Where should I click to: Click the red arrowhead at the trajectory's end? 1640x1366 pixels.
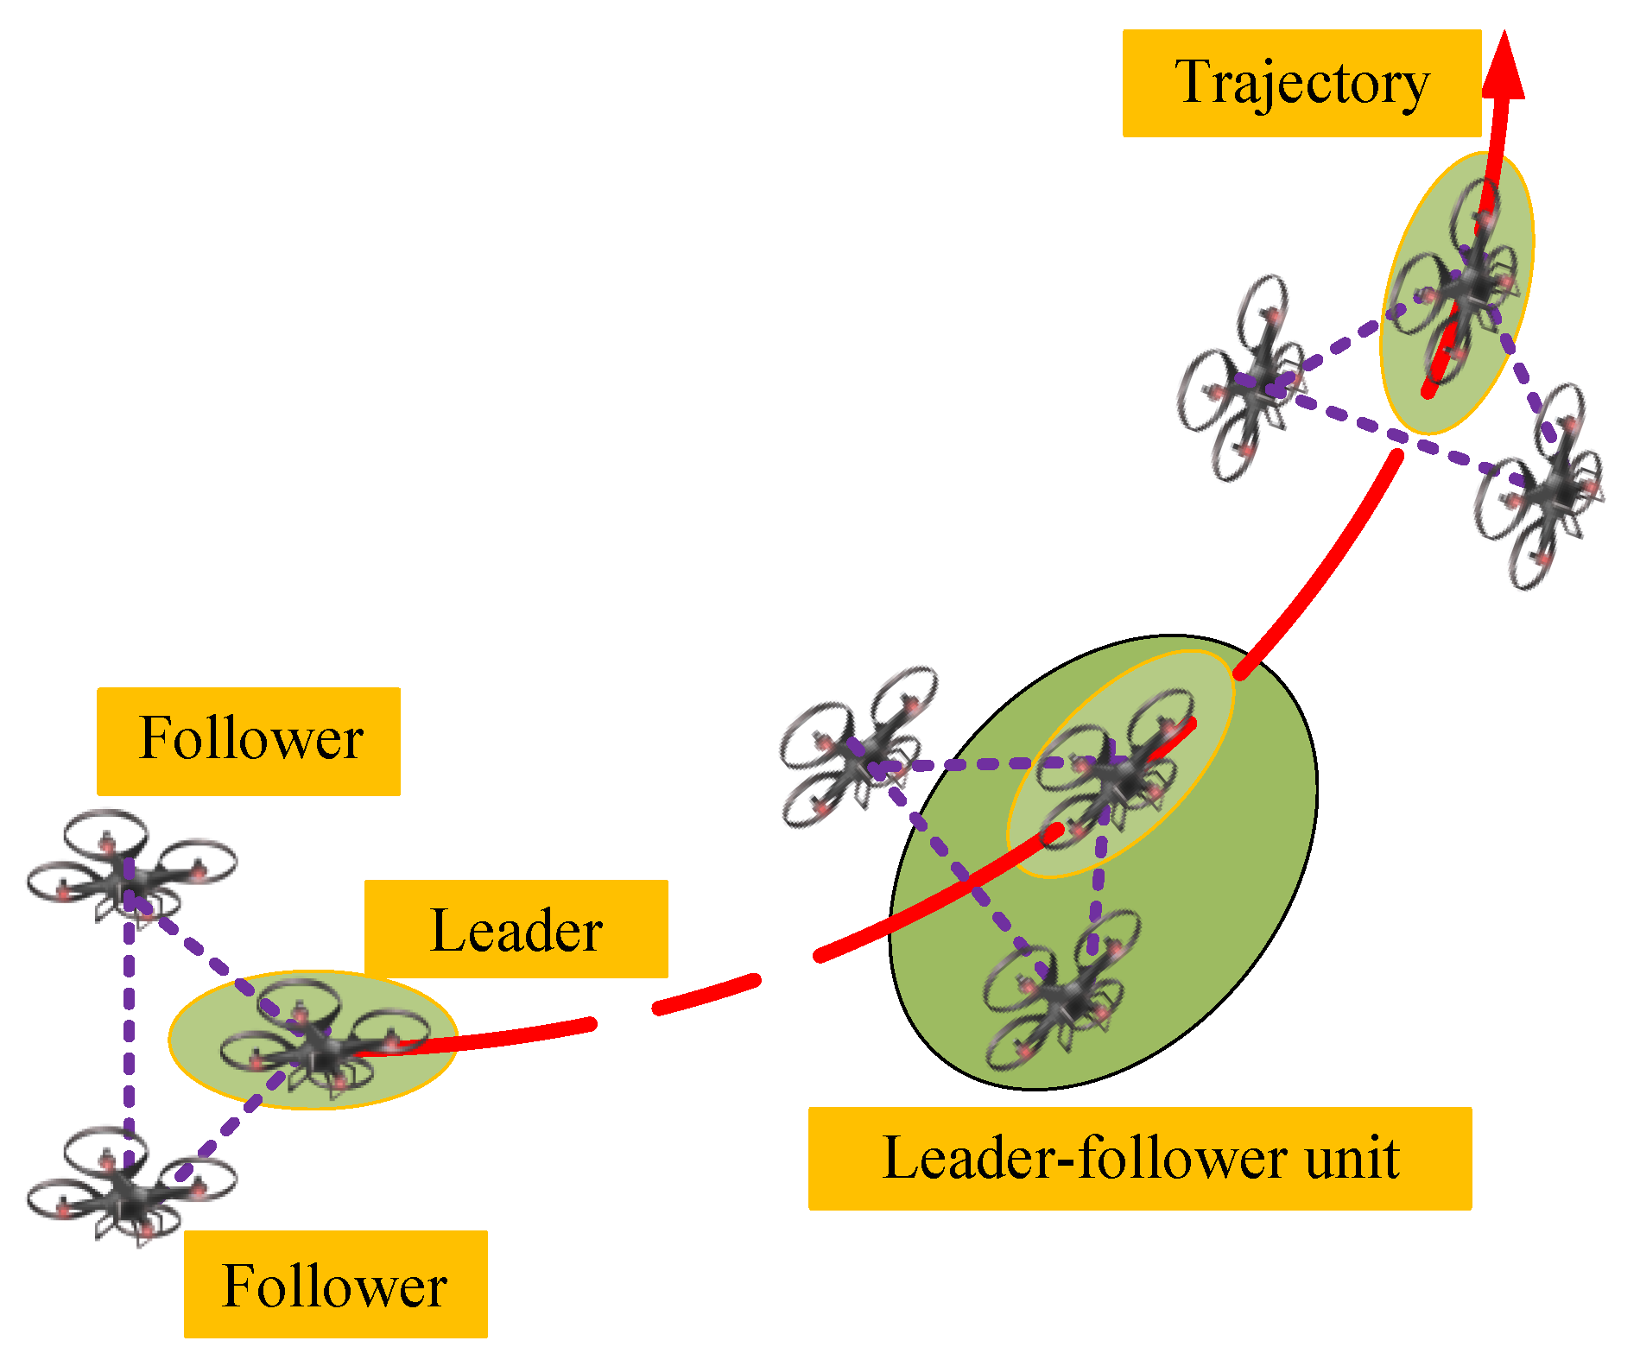(x=1504, y=69)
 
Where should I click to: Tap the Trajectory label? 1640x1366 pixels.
(x=1301, y=84)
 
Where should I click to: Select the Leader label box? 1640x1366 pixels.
(x=516, y=929)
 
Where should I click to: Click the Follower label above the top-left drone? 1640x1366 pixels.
(x=249, y=740)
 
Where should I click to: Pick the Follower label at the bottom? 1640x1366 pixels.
(x=335, y=1284)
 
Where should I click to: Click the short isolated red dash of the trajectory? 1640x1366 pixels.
(x=706, y=995)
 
